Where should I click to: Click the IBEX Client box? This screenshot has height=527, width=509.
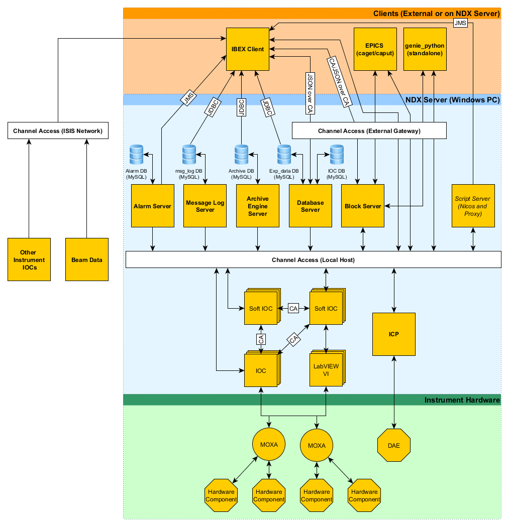248,49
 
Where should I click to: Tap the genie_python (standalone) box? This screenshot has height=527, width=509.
425,49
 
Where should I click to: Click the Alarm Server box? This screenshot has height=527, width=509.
152,206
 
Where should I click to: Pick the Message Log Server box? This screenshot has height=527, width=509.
205,206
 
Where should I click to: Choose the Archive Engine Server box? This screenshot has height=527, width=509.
257,206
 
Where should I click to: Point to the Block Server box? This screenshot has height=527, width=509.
363,206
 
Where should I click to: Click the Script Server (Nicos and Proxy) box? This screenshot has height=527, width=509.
473,206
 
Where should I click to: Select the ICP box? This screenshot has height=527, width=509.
394,334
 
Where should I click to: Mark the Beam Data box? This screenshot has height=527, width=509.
87,259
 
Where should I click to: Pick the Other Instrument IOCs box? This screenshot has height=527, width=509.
29,259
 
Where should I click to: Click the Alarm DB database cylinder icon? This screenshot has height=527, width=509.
136,155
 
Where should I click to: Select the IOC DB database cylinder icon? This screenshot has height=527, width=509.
336,155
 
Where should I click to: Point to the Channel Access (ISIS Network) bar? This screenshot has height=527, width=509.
58,131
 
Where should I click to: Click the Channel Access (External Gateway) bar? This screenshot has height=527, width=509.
369,131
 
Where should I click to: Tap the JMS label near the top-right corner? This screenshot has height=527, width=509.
460,23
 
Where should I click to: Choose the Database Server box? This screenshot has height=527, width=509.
310,206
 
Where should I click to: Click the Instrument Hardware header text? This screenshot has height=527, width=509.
462,400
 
